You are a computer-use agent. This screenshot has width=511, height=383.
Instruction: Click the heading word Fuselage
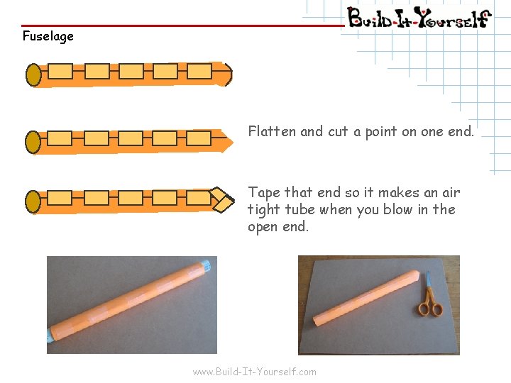click(x=48, y=36)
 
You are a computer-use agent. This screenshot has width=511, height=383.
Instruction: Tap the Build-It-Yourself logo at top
click(x=419, y=18)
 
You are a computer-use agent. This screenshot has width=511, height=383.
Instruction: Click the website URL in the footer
click(x=255, y=372)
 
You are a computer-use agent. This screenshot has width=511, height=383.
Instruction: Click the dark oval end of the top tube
click(x=33, y=75)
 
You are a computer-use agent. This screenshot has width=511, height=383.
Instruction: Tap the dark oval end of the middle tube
click(x=33, y=142)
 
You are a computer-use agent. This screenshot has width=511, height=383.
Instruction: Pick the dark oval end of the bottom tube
click(x=33, y=202)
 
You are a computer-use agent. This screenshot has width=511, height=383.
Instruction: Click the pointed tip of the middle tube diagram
click(x=233, y=142)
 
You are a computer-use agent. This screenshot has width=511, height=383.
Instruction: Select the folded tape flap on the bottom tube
click(x=222, y=200)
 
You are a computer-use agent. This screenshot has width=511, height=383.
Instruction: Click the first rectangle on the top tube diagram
click(x=60, y=72)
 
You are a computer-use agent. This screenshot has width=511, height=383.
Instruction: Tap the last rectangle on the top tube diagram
click(x=199, y=72)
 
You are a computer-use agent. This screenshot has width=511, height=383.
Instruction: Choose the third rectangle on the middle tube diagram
click(x=131, y=138)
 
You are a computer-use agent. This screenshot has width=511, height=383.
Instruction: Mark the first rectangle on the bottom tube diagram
click(x=60, y=198)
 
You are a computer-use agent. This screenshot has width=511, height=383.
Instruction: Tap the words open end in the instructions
click(x=278, y=227)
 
